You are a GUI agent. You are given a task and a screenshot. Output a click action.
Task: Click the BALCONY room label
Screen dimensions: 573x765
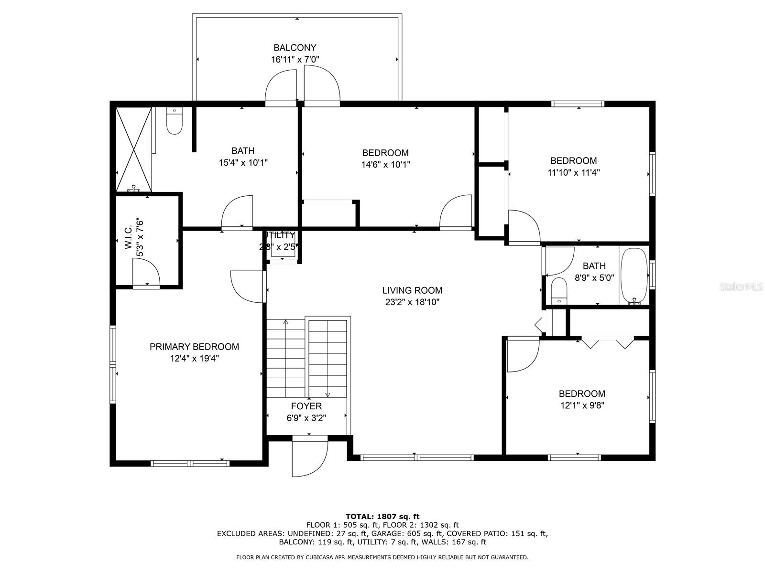(295, 48)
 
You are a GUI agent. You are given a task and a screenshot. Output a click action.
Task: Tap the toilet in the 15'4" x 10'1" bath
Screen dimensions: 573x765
(174, 122)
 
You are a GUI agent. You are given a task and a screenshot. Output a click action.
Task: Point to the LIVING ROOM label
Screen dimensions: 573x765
(412, 290)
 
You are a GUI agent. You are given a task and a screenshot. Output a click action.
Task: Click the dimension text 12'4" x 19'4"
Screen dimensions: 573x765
(194, 359)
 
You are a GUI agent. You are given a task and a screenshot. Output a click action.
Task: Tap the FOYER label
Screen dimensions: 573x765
(306, 406)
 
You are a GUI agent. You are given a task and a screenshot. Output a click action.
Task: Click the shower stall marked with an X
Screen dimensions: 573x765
(134, 149)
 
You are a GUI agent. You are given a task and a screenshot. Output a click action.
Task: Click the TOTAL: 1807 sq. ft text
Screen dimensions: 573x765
(382, 516)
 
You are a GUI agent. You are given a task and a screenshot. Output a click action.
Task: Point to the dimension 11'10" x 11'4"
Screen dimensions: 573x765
(573, 172)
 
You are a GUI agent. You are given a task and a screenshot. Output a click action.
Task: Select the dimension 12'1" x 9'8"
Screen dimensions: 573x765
(582, 405)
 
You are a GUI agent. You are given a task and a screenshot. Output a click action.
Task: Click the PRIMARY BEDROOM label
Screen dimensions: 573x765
(194, 347)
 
